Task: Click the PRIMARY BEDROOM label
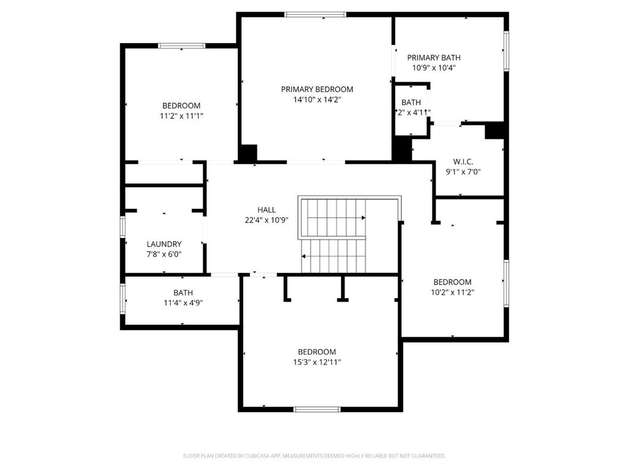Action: pyautogui.click(x=317, y=89)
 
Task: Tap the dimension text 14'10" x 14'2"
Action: pyautogui.click(x=317, y=100)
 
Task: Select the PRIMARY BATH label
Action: pyautogui.click(x=434, y=58)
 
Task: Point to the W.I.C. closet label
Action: pyautogui.click(x=463, y=162)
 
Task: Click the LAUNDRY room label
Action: pyautogui.click(x=164, y=244)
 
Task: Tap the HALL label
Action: pyautogui.click(x=266, y=210)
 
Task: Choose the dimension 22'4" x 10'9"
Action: pyautogui.click(x=266, y=220)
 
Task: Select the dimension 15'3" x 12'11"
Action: pyautogui.click(x=317, y=363)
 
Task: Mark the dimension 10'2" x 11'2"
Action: pyautogui.click(x=452, y=293)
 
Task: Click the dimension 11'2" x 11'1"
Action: pyautogui.click(x=181, y=116)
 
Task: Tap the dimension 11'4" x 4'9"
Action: pyautogui.click(x=182, y=303)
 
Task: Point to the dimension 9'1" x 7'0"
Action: pyautogui.click(x=463, y=172)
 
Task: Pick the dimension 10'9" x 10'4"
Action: pyautogui.click(x=434, y=68)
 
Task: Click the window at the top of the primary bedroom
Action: pyautogui.click(x=315, y=15)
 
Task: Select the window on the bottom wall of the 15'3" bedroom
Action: pyautogui.click(x=317, y=409)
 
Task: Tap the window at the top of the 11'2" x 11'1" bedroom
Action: pyautogui.click(x=182, y=45)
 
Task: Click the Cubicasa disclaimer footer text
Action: pyautogui.click(x=314, y=456)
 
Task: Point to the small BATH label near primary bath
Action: pyautogui.click(x=411, y=102)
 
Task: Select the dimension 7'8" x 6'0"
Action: pyautogui.click(x=164, y=254)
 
